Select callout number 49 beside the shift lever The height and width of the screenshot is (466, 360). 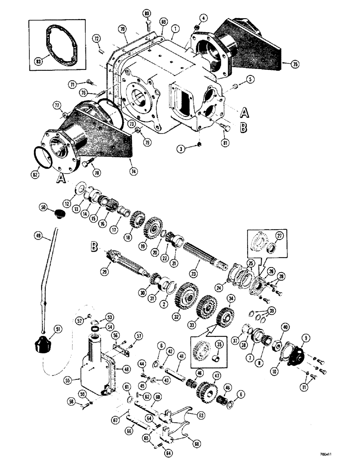point(38,236)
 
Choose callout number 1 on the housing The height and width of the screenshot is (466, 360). point(174,28)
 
